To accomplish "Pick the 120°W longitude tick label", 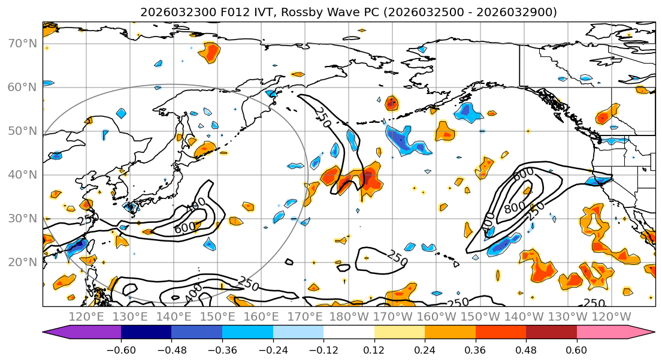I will [612, 317].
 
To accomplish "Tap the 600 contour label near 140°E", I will [185, 228].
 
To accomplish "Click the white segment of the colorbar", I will [349, 333].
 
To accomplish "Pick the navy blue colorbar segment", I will [146, 333].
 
